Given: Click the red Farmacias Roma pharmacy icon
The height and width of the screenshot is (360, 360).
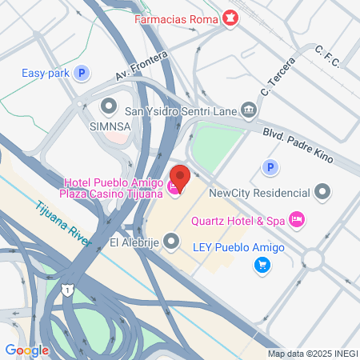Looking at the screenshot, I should click(230, 18).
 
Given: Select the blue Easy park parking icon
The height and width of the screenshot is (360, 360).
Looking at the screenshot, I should click(81, 74).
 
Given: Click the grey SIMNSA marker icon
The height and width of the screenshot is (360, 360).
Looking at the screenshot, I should click(109, 105).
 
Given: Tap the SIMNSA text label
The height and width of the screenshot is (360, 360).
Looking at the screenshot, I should click(109, 126).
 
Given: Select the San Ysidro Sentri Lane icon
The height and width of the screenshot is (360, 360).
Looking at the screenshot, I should click(250, 110).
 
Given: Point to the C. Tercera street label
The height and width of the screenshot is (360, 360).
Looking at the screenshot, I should click(278, 79).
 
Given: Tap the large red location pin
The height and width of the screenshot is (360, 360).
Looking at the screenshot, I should click(179, 177).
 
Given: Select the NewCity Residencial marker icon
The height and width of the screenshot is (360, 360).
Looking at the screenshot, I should click(322, 192).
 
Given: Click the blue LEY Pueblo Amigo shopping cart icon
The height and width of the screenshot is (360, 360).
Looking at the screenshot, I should click(262, 265).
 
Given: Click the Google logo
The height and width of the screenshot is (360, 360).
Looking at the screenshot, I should click(26, 350).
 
